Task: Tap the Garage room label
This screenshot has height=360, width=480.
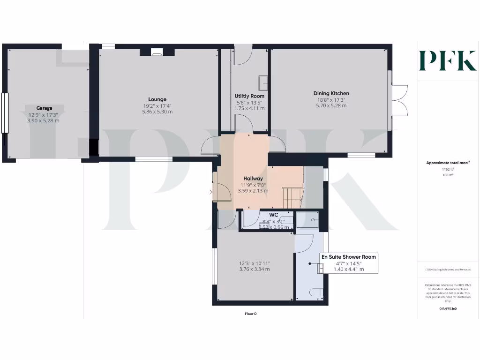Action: [45, 108]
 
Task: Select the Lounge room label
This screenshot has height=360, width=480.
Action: [157, 99]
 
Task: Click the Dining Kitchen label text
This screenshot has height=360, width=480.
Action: [331, 93]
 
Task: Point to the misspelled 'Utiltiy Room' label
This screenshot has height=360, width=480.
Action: [249, 96]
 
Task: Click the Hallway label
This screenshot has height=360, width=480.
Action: [253, 179]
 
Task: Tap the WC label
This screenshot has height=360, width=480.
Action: [274, 215]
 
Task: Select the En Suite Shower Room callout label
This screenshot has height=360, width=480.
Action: [348, 257]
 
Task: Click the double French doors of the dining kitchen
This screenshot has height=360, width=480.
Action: [400, 100]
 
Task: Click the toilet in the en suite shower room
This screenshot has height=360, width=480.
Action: [317, 292]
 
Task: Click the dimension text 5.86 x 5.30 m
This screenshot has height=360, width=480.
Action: [157, 112]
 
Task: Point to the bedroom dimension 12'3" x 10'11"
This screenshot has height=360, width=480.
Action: [255, 263]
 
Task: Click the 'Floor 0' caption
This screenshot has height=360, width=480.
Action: [251, 314]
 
